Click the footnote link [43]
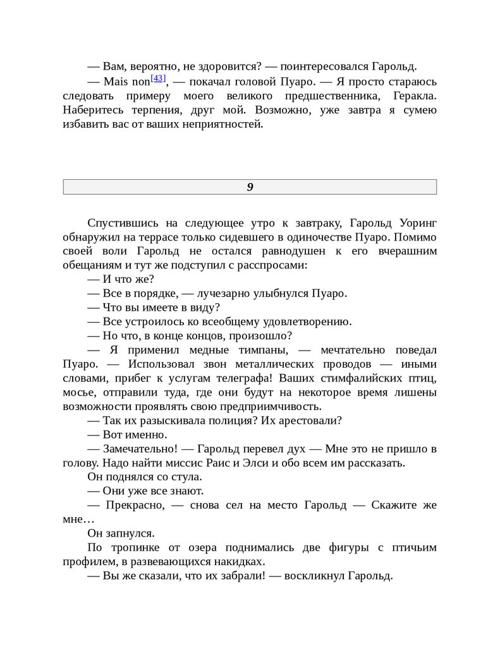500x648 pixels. pyautogui.click(x=158, y=79)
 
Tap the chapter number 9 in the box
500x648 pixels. pyautogui.click(x=250, y=187)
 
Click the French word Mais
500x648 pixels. pyautogui.click(x=115, y=82)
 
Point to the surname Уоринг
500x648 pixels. pyautogui.click(x=417, y=223)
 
